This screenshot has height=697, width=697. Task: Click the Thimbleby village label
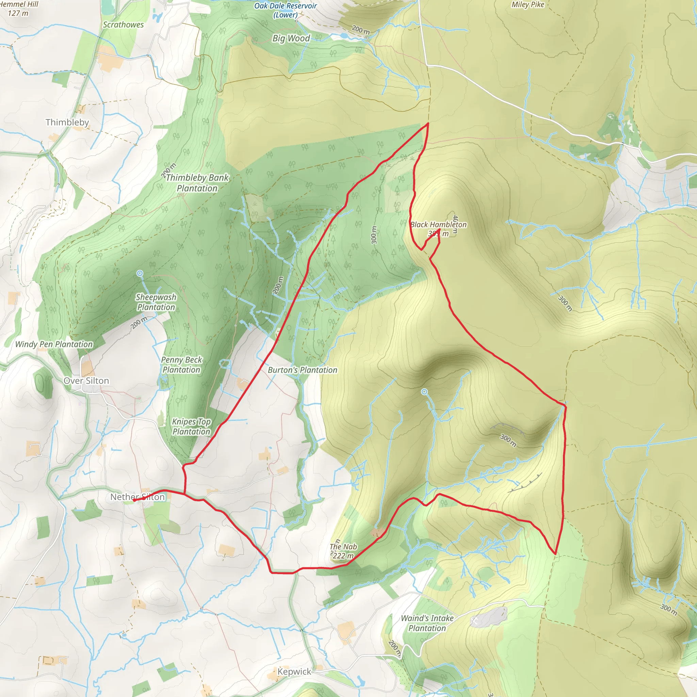point(67,122)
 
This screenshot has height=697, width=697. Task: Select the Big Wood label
point(291,38)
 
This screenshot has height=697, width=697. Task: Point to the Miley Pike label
point(528,5)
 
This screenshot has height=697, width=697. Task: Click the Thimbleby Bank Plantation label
point(197,183)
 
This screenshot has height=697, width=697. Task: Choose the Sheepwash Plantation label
point(156,302)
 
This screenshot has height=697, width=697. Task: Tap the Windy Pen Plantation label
point(54,344)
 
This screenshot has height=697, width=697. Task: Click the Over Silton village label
point(86,380)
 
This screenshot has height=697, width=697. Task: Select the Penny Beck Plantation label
point(181,365)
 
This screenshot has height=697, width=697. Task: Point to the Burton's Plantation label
point(302,370)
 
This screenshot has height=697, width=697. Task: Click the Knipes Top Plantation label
point(191,426)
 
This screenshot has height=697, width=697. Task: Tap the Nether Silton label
point(137,497)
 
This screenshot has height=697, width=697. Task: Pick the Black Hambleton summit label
point(438,229)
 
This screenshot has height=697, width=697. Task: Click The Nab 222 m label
point(343,551)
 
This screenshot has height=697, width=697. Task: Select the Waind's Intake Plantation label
point(427,623)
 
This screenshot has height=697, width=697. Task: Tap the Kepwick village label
point(294,671)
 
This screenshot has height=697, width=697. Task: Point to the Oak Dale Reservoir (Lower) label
point(285,10)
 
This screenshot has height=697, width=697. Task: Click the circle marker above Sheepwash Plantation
point(140,274)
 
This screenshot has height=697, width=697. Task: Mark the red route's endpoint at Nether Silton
point(134,500)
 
